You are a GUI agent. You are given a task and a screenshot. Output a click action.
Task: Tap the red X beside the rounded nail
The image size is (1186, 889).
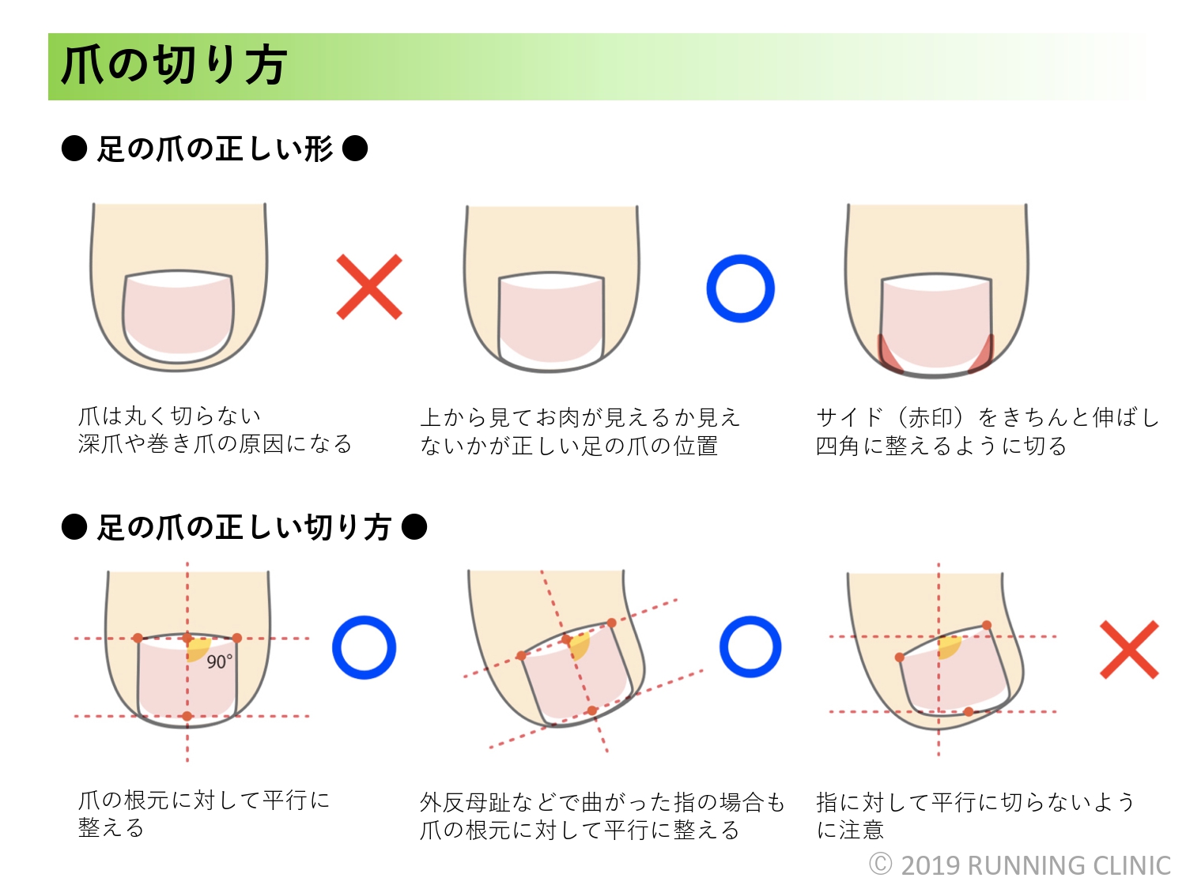point(369,287)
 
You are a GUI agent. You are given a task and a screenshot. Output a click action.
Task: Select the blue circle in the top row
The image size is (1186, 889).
point(740,288)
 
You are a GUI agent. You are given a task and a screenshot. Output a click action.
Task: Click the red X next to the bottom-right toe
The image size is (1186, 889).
point(1129,650)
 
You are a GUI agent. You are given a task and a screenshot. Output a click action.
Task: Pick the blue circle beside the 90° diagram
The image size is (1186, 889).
point(364,647)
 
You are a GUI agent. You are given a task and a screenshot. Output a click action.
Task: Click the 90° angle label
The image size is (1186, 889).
point(220,661)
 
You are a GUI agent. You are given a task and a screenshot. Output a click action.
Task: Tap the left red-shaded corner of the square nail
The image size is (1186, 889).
point(889,355)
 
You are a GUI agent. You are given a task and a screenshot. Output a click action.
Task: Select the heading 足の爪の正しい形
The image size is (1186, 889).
point(214,149)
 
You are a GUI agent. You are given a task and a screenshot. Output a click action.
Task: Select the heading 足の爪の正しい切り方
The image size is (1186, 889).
point(244,527)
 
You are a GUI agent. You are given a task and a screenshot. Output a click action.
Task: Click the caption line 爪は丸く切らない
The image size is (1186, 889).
point(169,416)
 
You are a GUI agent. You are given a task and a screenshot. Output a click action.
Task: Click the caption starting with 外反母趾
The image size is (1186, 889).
point(602,803)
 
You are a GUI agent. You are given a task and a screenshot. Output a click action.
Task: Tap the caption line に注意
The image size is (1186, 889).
point(850,830)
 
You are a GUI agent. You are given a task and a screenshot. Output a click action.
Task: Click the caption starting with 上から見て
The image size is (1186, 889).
point(580,417)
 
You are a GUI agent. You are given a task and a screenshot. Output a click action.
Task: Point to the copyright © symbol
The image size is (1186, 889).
point(880,865)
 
